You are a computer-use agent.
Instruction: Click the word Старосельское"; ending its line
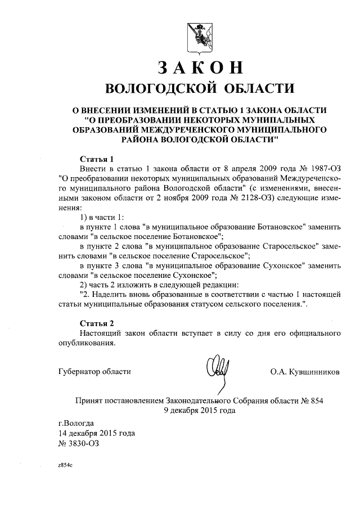(220, 255)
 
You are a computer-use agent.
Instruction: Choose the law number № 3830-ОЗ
(78, 444)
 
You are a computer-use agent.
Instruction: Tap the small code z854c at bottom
(65, 466)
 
